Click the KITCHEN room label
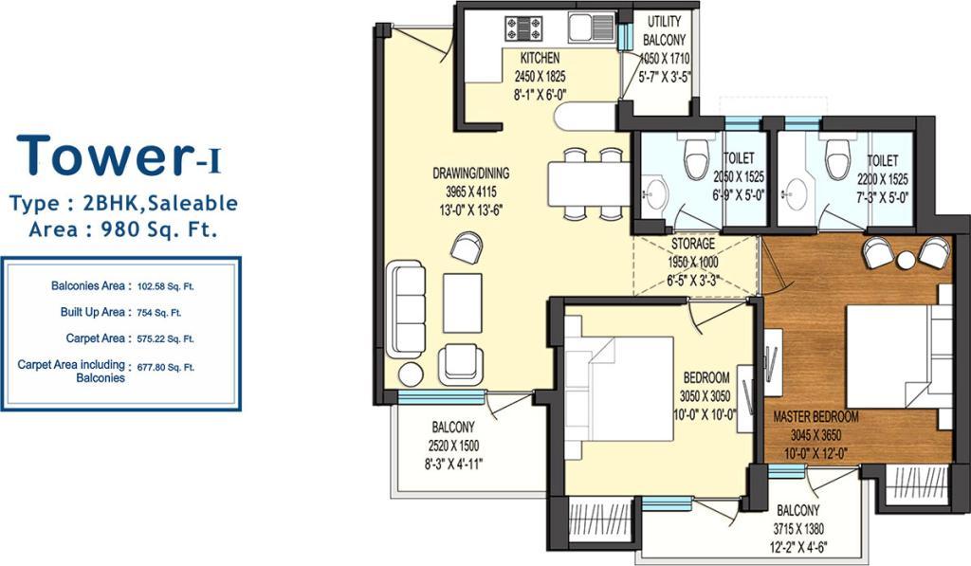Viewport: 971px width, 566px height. (540, 58)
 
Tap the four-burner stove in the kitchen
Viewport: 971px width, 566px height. (523, 29)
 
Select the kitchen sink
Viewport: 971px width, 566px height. (591, 27)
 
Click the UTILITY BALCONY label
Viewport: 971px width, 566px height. (664, 31)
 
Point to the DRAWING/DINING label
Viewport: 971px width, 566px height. (470, 173)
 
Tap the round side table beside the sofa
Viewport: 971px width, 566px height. (411, 374)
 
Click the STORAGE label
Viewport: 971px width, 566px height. (693, 244)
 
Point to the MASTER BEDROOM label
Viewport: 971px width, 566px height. (815, 416)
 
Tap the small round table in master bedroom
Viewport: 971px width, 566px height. (906, 260)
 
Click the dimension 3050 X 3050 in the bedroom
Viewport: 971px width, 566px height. (705, 396)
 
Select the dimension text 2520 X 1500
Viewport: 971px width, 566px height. (453, 446)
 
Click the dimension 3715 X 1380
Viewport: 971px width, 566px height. (798, 529)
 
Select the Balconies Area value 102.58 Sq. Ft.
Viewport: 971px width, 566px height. (165, 286)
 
